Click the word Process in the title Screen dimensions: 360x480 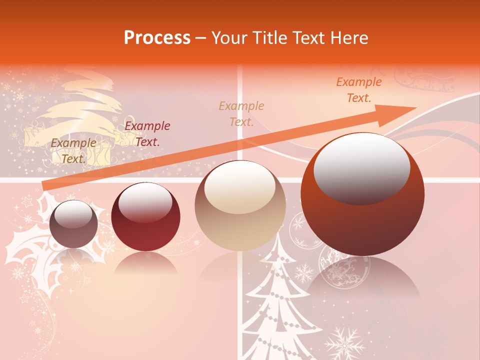coord(157,37)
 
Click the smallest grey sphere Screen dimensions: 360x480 coord(73,224)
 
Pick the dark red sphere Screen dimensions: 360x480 coord(145,217)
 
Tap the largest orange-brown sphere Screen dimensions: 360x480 coord(362,195)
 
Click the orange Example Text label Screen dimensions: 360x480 coord(358,90)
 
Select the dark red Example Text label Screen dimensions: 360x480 coord(147,134)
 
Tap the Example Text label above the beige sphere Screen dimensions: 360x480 coord(241,114)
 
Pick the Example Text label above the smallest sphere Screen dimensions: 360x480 coord(73,151)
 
